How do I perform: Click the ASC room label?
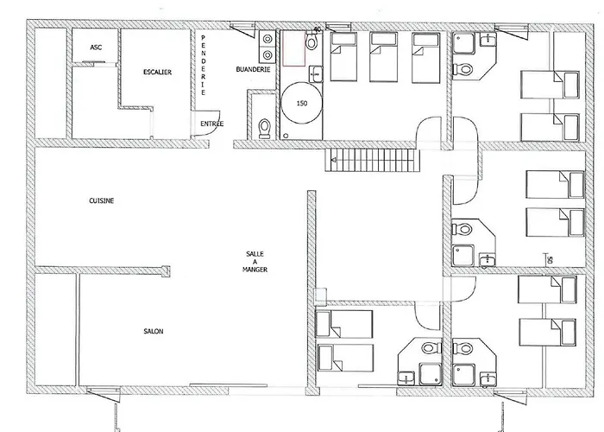tap(96, 48)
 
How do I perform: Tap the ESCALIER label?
tap(157, 72)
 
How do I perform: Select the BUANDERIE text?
tap(253, 69)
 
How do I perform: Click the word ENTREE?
tap(212, 124)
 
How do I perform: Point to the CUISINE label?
tap(101, 200)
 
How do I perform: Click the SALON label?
tap(154, 331)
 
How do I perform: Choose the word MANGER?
tap(255, 270)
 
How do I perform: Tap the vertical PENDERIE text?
tap(203, 65)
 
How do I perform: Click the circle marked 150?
tap(301, 103)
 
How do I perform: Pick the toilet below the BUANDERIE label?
tap(264, 128)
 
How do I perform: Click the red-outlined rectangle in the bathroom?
tap(294, 49)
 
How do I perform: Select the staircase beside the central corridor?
tap(372, 160)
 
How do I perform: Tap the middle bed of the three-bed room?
tap(383, 57)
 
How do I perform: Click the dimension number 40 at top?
tap(317, 29)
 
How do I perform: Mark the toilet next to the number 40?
tap(311, 41)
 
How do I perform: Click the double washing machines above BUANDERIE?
tap(267, 47)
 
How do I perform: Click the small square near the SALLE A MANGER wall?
tap(320, 295)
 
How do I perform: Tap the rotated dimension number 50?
tap(551, 260)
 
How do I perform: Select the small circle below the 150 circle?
tap(286, 136)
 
